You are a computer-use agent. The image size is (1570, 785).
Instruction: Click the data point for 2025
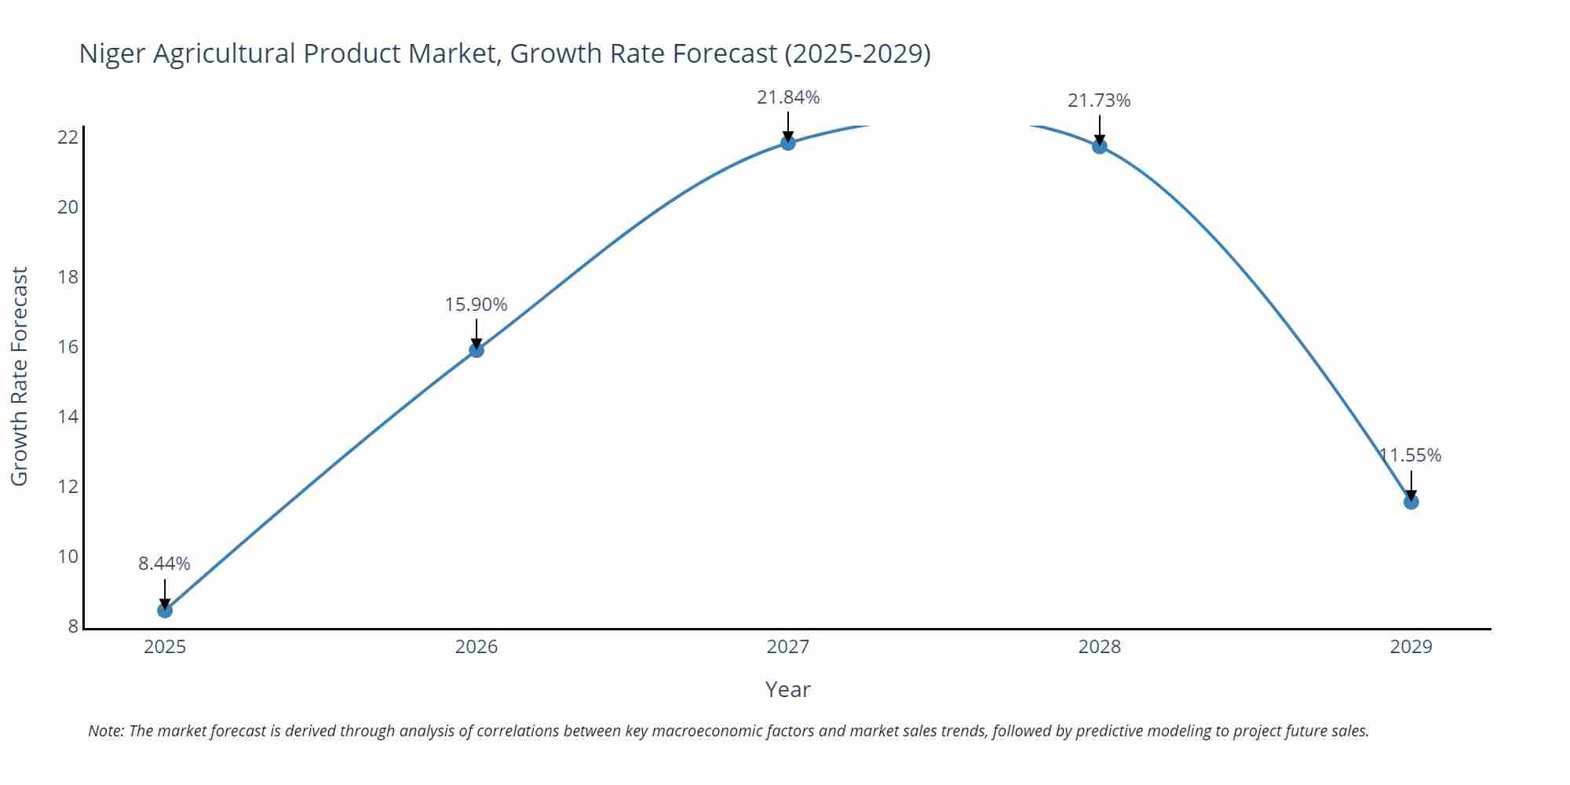(x=165, y=610)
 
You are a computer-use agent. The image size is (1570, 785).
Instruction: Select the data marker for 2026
(x=476, y=349)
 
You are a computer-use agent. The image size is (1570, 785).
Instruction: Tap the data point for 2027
(x=788, y=142)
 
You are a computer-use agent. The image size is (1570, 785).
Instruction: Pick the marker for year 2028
(x=1099, y=146)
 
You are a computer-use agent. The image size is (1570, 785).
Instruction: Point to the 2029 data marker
(x=1411, y=502)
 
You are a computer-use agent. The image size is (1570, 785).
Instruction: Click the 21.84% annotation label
(x=788, y=97)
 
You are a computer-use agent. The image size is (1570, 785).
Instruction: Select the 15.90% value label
(x=476, y=305)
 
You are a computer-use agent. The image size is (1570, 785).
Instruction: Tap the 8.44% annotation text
(x=164, y=564)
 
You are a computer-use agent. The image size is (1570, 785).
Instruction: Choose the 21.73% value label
(x=1099, y=100)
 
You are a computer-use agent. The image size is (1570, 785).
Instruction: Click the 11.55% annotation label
(x=1411, y=455)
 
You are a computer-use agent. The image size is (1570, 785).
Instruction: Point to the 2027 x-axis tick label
(x=788, y=647)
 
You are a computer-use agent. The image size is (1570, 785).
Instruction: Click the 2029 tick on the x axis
(x=1411, y=647)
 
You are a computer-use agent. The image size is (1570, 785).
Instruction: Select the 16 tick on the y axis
(x=68, y=347)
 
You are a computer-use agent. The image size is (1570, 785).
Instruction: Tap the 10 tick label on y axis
(x=68, y=557)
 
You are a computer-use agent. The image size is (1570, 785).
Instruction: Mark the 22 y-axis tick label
(x=68, y=137)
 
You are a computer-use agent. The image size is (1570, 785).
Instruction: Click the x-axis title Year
(x=787, y=689)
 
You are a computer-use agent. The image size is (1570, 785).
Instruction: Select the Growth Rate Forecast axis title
(x=20, y=376)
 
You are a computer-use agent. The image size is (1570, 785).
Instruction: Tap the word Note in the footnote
(x=105, y=731)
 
